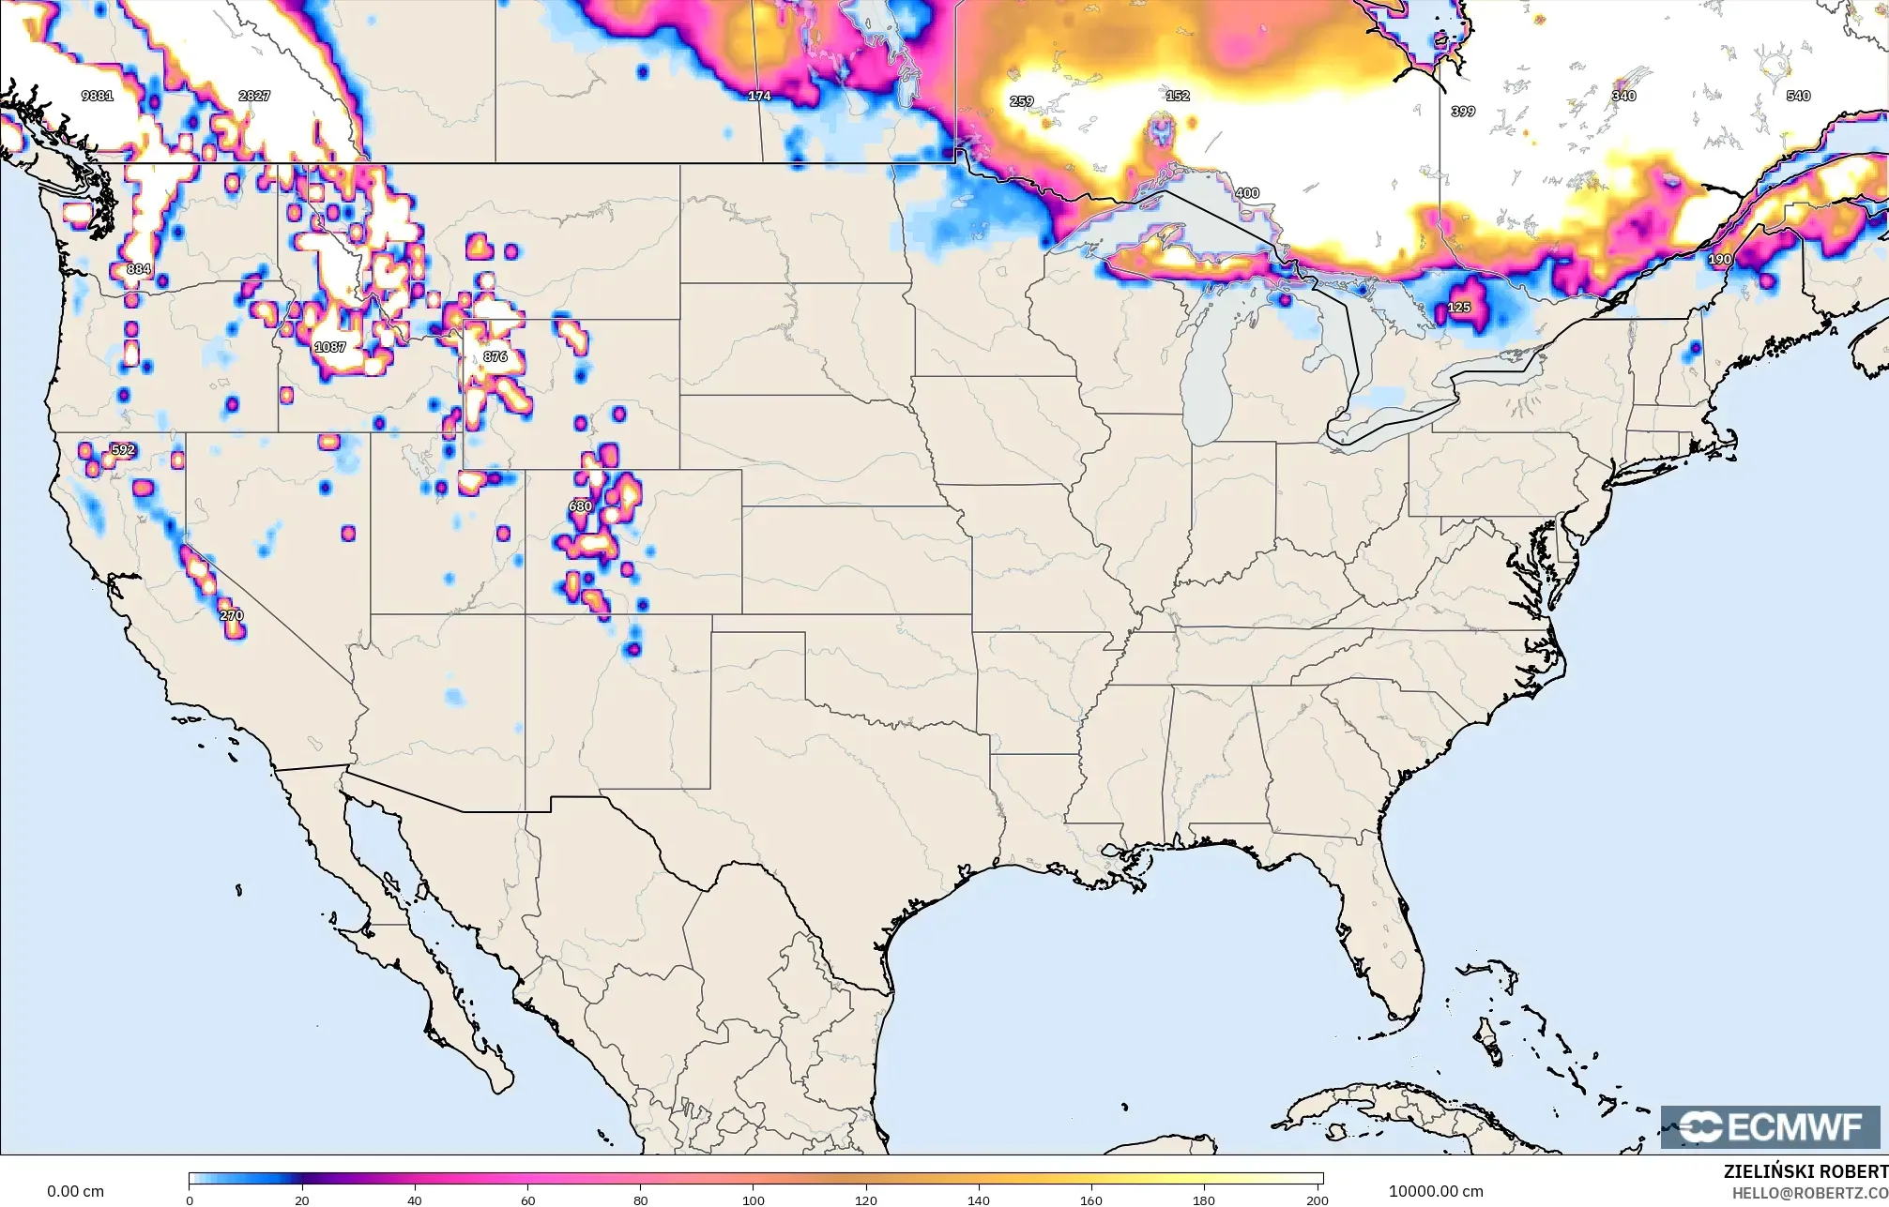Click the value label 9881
[98, 96]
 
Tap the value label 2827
[254, 96]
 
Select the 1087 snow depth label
[330, 347]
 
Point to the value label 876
[495, 356]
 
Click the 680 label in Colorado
[580, 506]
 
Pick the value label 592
[123, 449]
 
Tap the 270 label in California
[231, 615]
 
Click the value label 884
[138, 269]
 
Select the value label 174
[759, 96]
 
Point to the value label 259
[1021, 101]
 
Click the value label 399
[1463, 111]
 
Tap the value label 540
[1798, 96]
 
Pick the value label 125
[1459, 308]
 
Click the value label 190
[1720, 259]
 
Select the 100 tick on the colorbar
[754, 1199]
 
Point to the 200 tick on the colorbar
[1318, 1199]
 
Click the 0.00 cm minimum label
[75, 1191]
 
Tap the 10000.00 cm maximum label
[1436, 1191]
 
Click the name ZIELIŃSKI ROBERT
[1805, 1171]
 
